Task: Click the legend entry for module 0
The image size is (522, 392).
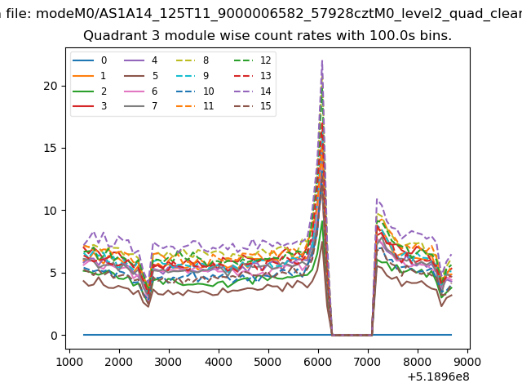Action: click(x=90, y=60)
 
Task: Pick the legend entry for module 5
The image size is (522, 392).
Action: click(x=141, y=76)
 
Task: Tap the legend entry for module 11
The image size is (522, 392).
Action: click(x=194, y=106)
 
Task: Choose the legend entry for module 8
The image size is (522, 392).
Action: click(x=192, y=60)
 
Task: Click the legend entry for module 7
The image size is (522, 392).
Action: click(x=140, y=106)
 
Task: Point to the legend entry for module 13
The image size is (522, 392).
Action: click(x=253, y=76)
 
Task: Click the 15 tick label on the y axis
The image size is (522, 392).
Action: click(x=51, y=148)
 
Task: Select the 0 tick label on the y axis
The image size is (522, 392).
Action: click(x=54, y=336)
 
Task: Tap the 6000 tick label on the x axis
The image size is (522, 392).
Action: click(x=318, y=362)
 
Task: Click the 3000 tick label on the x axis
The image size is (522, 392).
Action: click(x=169, y=362)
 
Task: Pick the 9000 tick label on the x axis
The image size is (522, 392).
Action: click(x=467, y=362)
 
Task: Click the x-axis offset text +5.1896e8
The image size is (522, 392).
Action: click(x=438, y=377)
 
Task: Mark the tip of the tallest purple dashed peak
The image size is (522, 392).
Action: click(x=322, y=60)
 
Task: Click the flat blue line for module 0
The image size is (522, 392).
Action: click(x=268, y=335)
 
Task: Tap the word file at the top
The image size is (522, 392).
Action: click(x=19, y=14)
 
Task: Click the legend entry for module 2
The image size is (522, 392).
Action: click(x=90, y=91)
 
